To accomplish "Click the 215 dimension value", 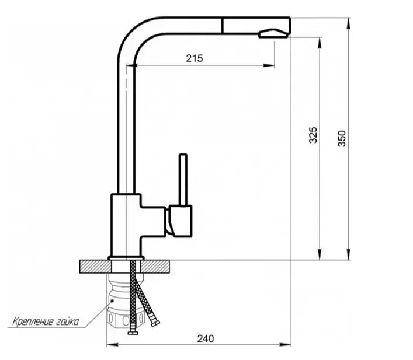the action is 195,58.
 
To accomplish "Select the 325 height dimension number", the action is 313,135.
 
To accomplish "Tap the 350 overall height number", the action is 342,138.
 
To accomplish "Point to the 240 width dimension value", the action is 206,338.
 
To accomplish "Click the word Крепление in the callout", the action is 33,321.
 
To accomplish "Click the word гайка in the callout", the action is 67,321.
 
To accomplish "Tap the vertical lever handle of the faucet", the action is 183,180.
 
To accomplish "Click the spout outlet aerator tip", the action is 273,33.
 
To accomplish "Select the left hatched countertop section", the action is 95,267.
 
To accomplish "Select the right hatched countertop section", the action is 155,267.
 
